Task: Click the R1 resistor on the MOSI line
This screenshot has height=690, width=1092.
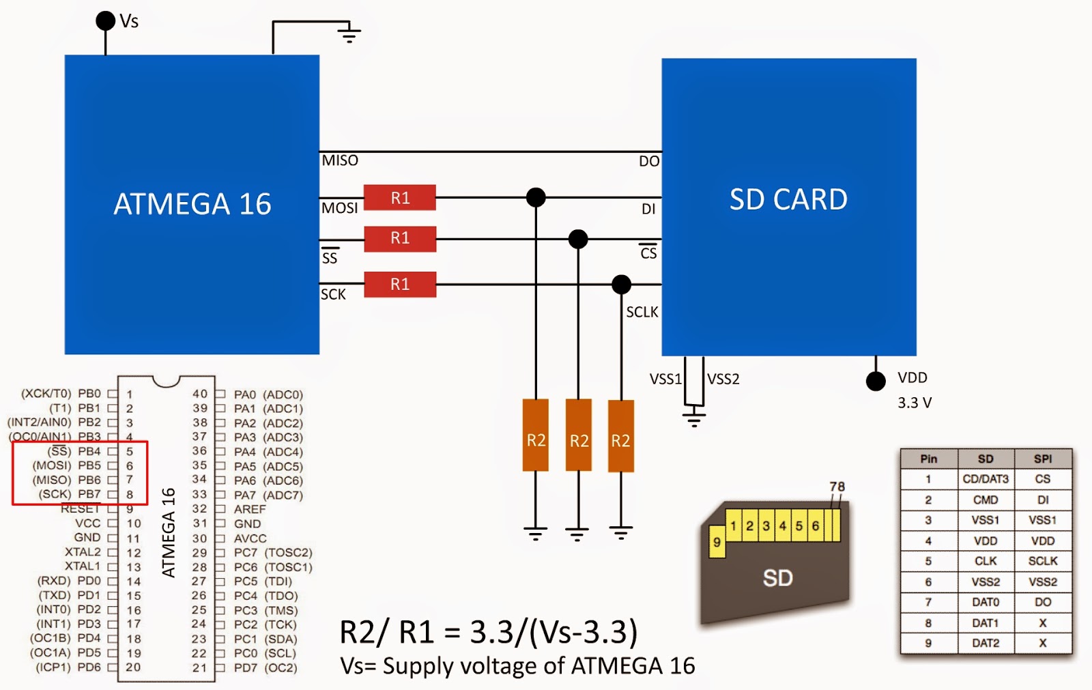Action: (x=400, y=198)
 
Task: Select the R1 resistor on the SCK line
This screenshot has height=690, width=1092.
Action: (x=400, y=284)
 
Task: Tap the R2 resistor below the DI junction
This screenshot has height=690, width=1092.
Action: (x=536, y=435)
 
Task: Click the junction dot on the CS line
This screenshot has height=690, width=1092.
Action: (x=578, y=239)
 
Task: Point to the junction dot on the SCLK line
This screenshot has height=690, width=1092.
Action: (x=621, y=284)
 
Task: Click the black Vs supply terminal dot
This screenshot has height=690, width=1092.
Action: (x=106, y=20)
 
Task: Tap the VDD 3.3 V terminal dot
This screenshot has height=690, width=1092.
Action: (x=876, y=381)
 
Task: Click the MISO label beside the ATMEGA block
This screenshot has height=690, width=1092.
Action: (x=340, y=160)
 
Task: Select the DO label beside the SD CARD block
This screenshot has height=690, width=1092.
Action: (x=649, y=161)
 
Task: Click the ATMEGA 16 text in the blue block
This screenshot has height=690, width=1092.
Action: (x=192, y=204)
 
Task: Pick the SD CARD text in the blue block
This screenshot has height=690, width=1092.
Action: (x=788, y=199)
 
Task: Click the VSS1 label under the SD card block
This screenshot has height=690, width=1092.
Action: (x=665, y=379)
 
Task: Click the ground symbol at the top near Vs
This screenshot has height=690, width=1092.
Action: (x=349, y=33)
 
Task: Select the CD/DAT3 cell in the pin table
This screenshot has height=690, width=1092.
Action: (x=986, y=479)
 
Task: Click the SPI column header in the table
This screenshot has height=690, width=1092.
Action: (x=1043, y=459)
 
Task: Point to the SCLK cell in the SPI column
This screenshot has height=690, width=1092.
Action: (x=1043, y=561)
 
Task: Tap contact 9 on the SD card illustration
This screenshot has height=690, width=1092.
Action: (x=717, y=542)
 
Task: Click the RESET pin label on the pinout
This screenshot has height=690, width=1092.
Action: (x=81, y=508)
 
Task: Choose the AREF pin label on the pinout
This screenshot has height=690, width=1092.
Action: (x=250, y=509)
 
